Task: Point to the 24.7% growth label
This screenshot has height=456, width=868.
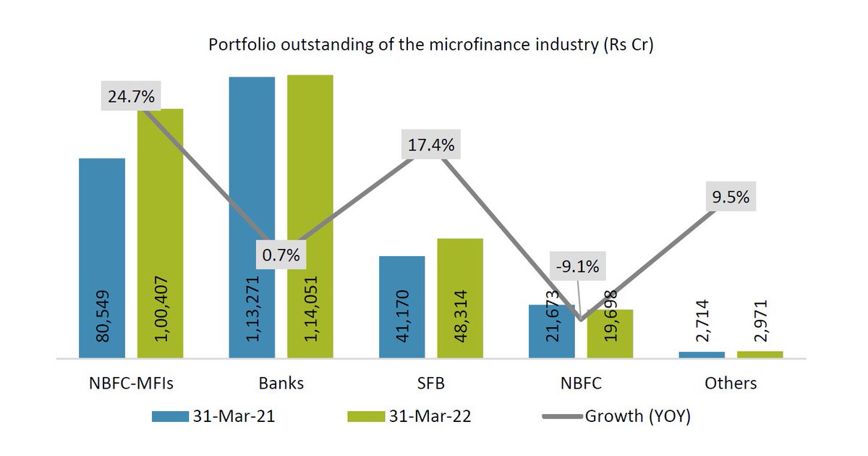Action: click(131, 96)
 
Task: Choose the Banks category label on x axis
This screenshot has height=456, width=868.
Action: click(281, 383)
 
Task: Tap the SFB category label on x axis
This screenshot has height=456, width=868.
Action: click(431, 383)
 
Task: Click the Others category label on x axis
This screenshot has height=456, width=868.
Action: click(731, 383)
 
